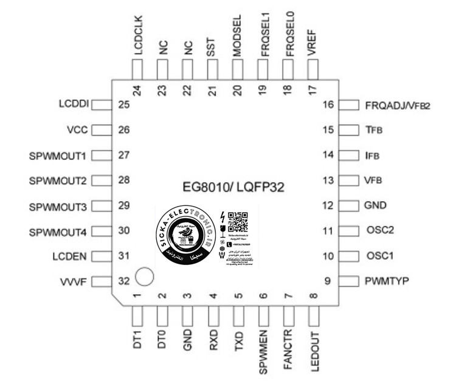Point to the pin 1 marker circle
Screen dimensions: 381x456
pos(143,276)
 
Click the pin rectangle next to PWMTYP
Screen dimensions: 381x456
pos(349,281)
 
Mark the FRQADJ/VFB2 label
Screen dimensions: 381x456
pos(398,105)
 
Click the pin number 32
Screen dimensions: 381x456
pos(124,281)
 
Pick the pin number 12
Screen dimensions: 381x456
pos(329,205)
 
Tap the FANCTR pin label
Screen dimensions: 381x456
pos(289,350)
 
